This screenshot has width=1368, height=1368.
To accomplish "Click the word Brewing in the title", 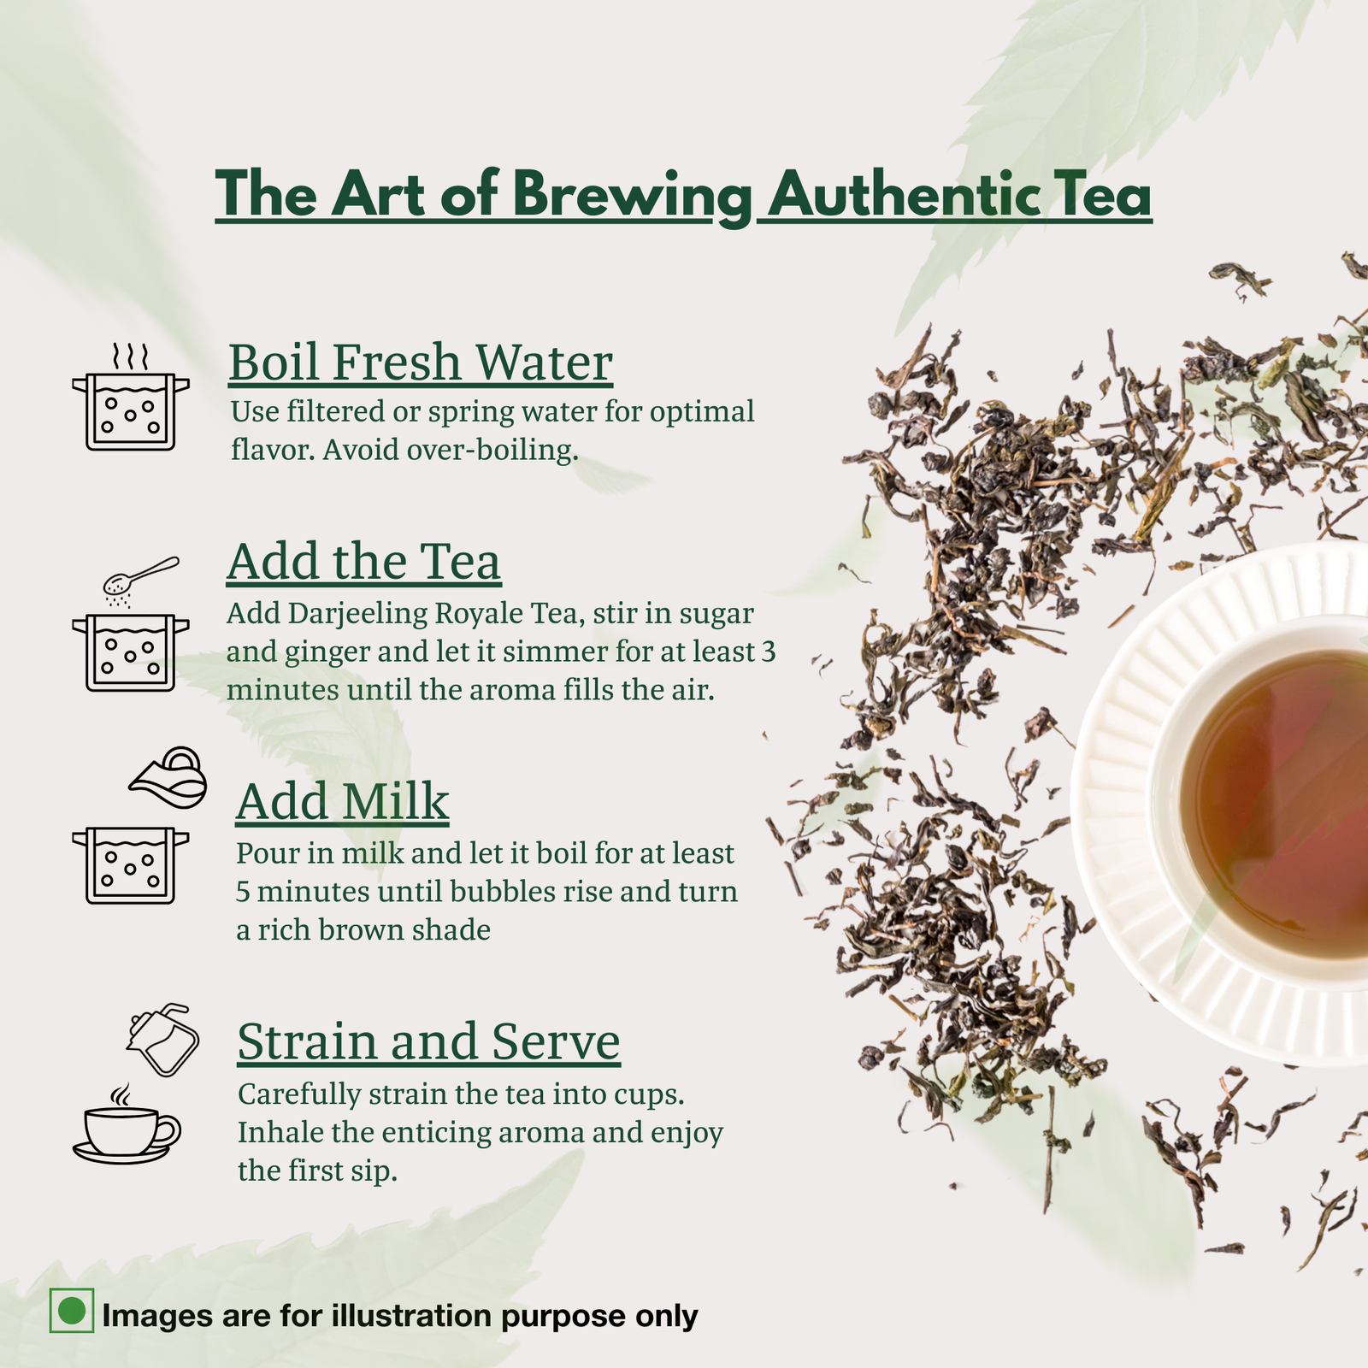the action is click(634, 196).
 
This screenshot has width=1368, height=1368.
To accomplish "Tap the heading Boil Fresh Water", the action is click(421, 362).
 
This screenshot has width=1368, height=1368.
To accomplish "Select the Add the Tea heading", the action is click(364, 562).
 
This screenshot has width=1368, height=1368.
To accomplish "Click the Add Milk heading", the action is click(342, 802).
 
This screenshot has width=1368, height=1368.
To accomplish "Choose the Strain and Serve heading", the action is click(428, 1041).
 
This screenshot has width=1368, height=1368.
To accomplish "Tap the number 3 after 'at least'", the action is click(768, 652).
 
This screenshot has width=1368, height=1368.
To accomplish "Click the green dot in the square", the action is click(72, 1310).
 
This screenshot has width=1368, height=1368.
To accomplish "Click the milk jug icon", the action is click(168, 777).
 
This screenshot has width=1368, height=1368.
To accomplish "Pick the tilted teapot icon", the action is click(162, 1039).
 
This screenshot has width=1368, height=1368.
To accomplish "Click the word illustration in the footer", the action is click(411, 1316).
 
